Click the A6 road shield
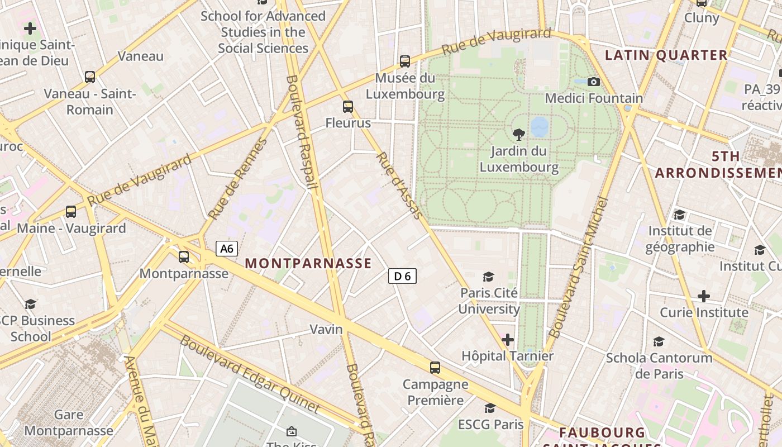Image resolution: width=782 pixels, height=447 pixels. click(227, 249)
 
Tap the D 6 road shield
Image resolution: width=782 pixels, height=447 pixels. click(402, 275)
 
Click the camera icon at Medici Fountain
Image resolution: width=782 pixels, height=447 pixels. click(594, 82)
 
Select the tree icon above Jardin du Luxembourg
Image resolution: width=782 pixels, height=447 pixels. click(518, 134)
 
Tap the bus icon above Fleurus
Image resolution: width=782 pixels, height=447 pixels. click(348, 106)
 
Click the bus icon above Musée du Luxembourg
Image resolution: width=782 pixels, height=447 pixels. click(405, 61)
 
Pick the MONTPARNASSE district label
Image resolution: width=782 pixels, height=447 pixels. click(308, 263)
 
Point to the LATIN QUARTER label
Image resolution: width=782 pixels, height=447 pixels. click(666, 55)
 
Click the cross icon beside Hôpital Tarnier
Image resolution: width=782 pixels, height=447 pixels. click(507, 339)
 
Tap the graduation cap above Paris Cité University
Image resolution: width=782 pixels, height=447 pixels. click(489, 277)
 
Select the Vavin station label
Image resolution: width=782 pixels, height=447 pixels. click(326, 329)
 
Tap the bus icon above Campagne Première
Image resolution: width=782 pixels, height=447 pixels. click(435, 368)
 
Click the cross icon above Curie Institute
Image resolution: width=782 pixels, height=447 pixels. click(704, 296)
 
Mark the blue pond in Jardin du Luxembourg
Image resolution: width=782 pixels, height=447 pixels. click(540, 127)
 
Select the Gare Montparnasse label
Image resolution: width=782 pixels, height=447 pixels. click(69, 422)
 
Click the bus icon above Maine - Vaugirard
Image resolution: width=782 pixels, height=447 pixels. click(71, 212)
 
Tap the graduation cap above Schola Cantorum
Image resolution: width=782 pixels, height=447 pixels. click(659, 341)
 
